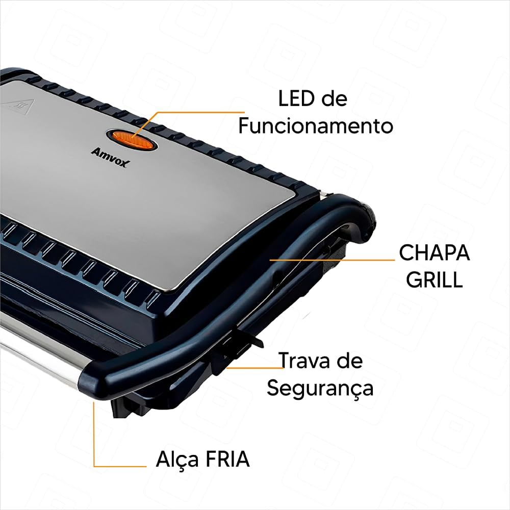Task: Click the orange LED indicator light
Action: click(133, 140)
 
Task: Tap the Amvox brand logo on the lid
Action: click(110, 157)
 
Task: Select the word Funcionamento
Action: click(316, 126)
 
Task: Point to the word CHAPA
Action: click(435, 253)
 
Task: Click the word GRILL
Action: click(435, 279)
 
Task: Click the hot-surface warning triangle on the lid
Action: click(17, 106)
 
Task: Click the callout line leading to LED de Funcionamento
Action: click(182, 118)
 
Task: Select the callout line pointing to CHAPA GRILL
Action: click(332, 260)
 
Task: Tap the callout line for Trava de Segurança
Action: click(256, 368)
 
